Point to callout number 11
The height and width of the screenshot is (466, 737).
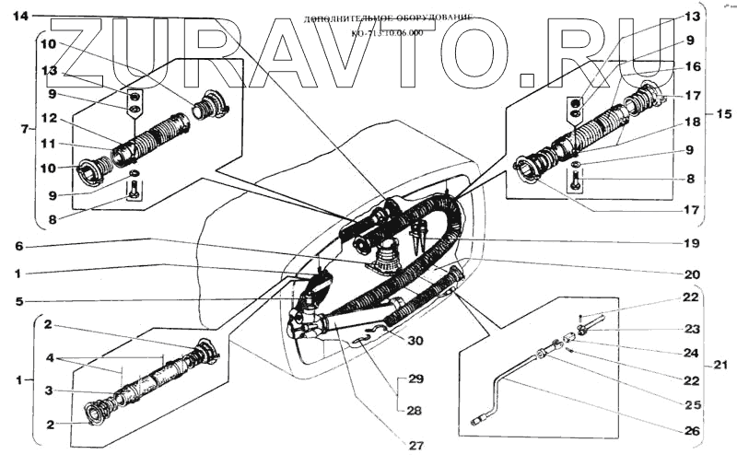pyautogui.click(x=49, y=146)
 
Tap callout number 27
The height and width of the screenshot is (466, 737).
pyautogui.click(x=416, y=447)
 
